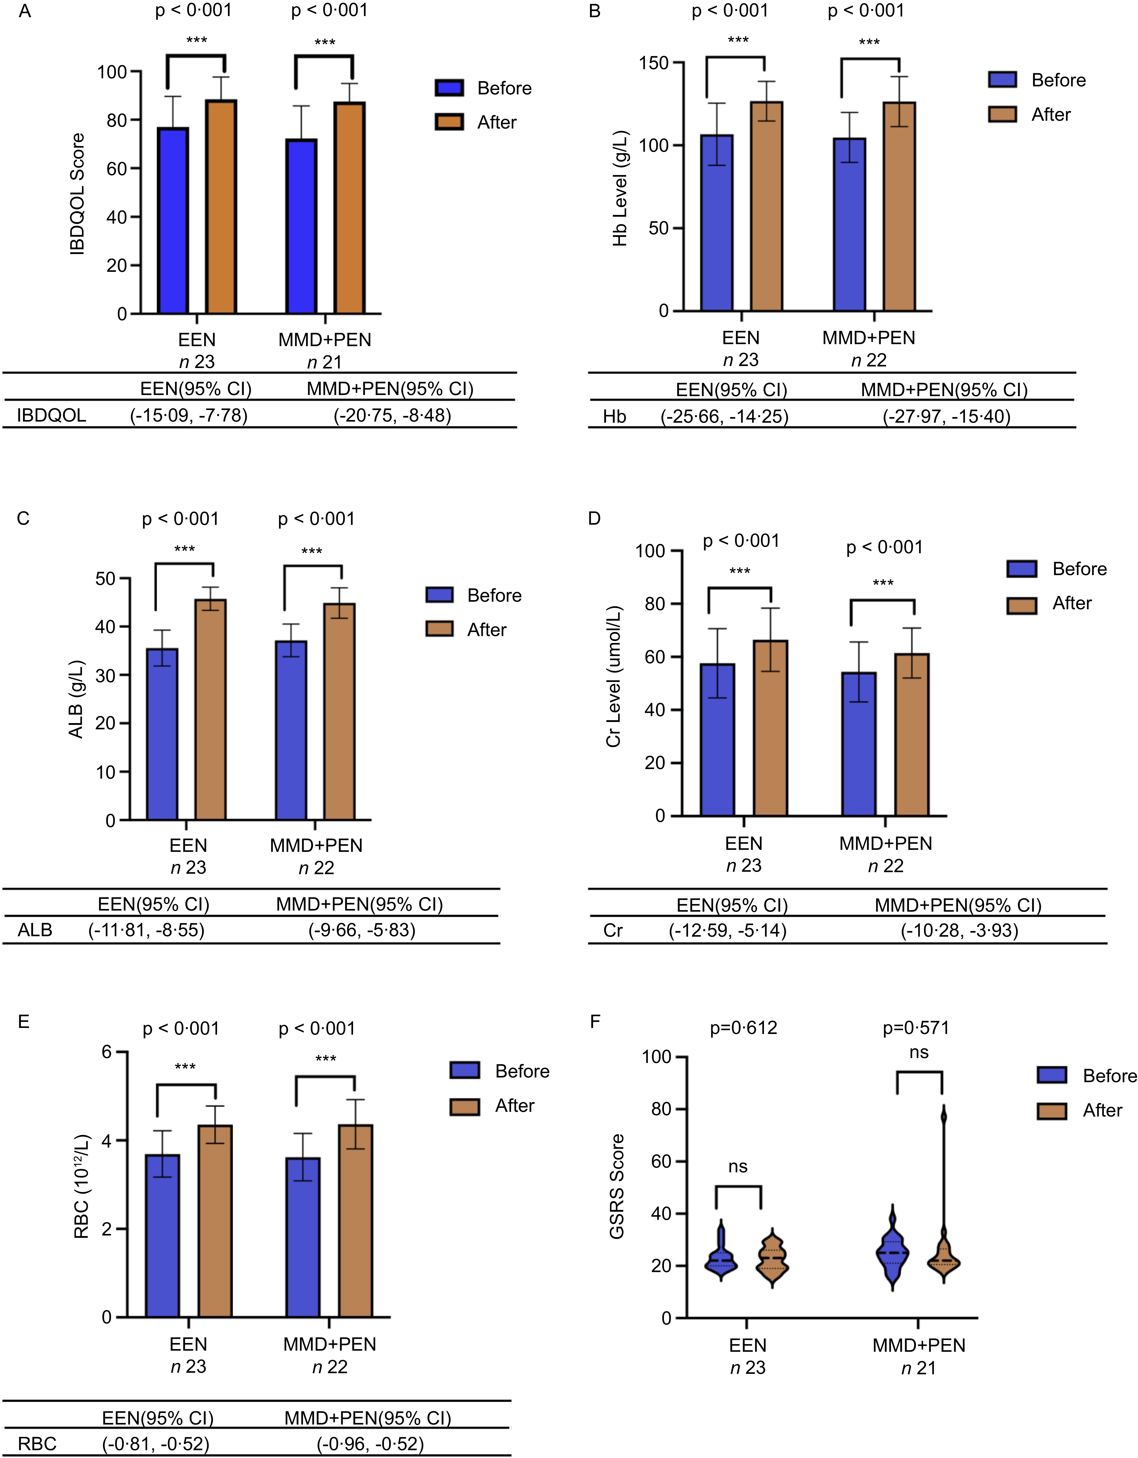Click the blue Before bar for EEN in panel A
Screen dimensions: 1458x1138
click(x=173, y=220)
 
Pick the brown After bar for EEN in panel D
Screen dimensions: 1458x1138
click(x=771, y=728)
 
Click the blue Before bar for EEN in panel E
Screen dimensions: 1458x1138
click(x=162, y=1235)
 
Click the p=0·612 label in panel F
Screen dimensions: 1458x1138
click(x=743, y=1027)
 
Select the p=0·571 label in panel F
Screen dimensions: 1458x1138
click(x=916, y=1027)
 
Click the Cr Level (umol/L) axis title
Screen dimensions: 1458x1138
click(x=613, y=676)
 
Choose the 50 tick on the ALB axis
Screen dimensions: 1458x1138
click(x=106, y=578)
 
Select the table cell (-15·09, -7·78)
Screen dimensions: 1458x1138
click(x=189, y=416)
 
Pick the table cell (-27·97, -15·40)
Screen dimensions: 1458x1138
click(x=946, y=417)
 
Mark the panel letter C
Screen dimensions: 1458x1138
click(x=23, y=519)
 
